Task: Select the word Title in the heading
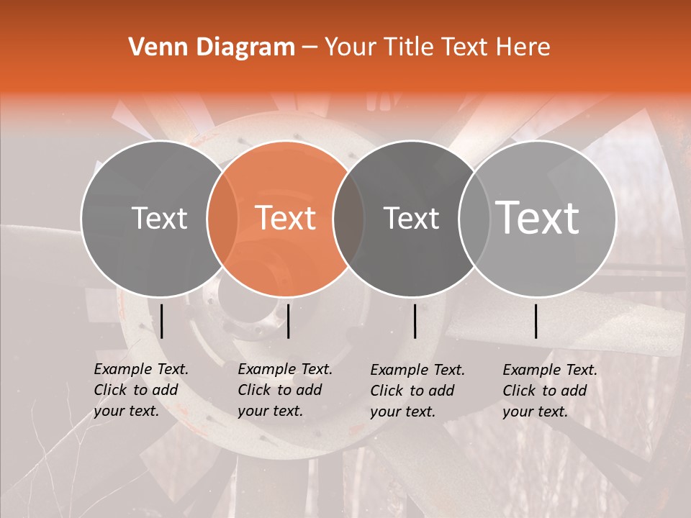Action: pos(407,47)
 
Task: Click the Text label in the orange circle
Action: pos(286,218)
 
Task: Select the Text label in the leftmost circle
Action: pos(160,218)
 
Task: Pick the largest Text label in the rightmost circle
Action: pos(538,217)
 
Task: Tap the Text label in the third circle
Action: pos(412,218)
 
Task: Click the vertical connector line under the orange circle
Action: pos(288,321)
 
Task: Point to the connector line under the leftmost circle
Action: pos(162,321)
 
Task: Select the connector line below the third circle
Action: pos(415,321)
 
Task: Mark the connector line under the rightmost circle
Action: pos(536,321)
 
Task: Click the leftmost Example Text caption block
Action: pos(141,390)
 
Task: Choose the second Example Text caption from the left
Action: pos(285,390)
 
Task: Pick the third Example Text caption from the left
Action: pos(417,391)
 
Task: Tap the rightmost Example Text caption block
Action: pos(550,391)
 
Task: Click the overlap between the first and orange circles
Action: pos(222,218)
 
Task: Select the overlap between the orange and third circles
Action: pos(348,218)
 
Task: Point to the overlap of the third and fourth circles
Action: pos(474,218)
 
